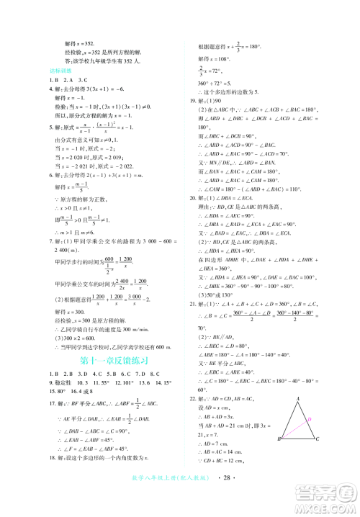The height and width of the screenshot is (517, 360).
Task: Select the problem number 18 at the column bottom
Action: [x=47, y=478]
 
